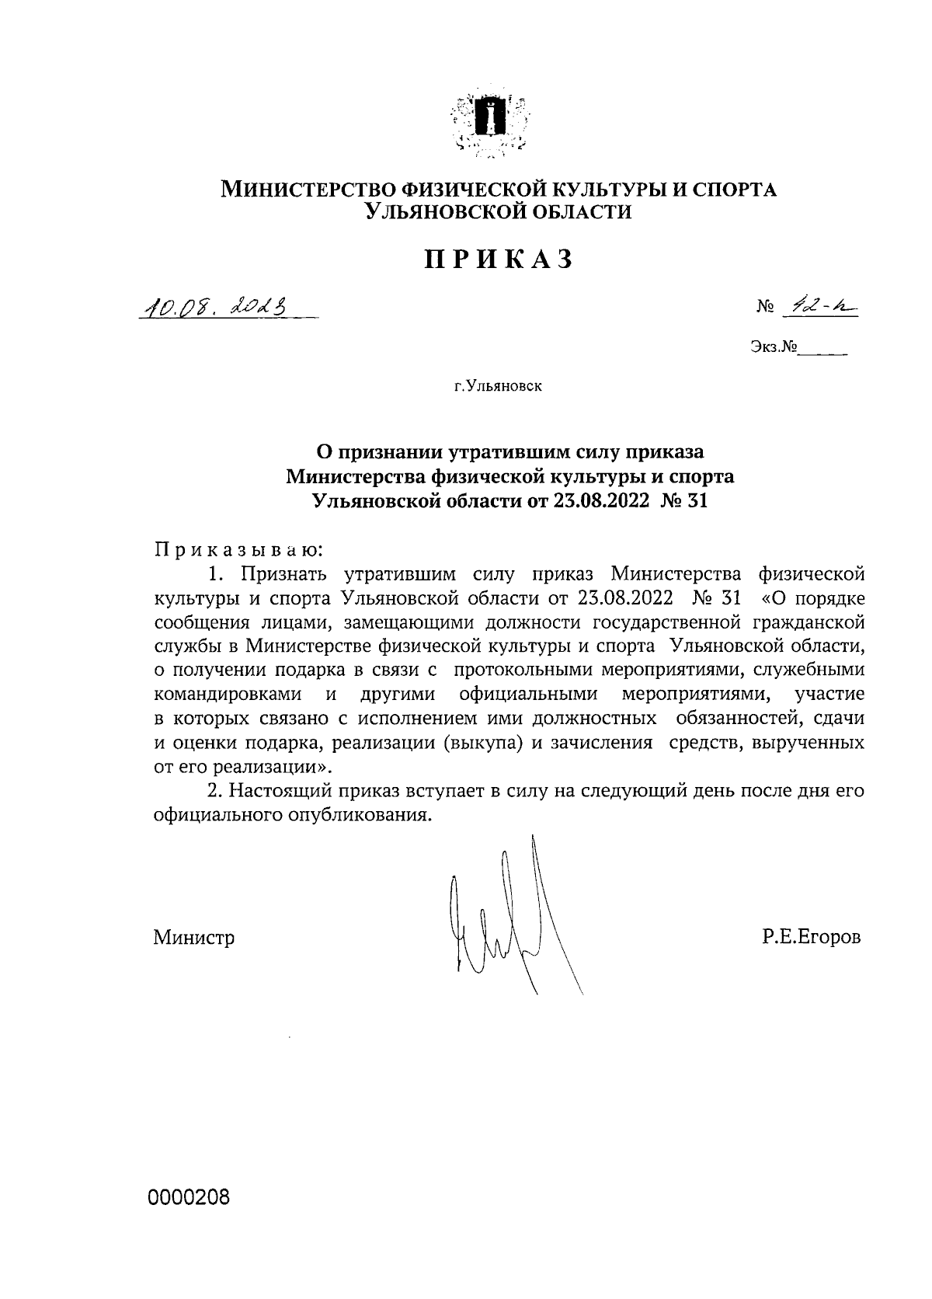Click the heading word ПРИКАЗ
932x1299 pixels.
(x=498, y=259)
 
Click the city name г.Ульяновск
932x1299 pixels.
(x=499, y=385)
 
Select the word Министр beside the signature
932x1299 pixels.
(x=194, y=938)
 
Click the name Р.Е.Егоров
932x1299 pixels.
(x=812, y=938)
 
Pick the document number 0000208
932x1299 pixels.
(x=190, y=1198)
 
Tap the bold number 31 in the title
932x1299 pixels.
(x=697, y=501)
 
